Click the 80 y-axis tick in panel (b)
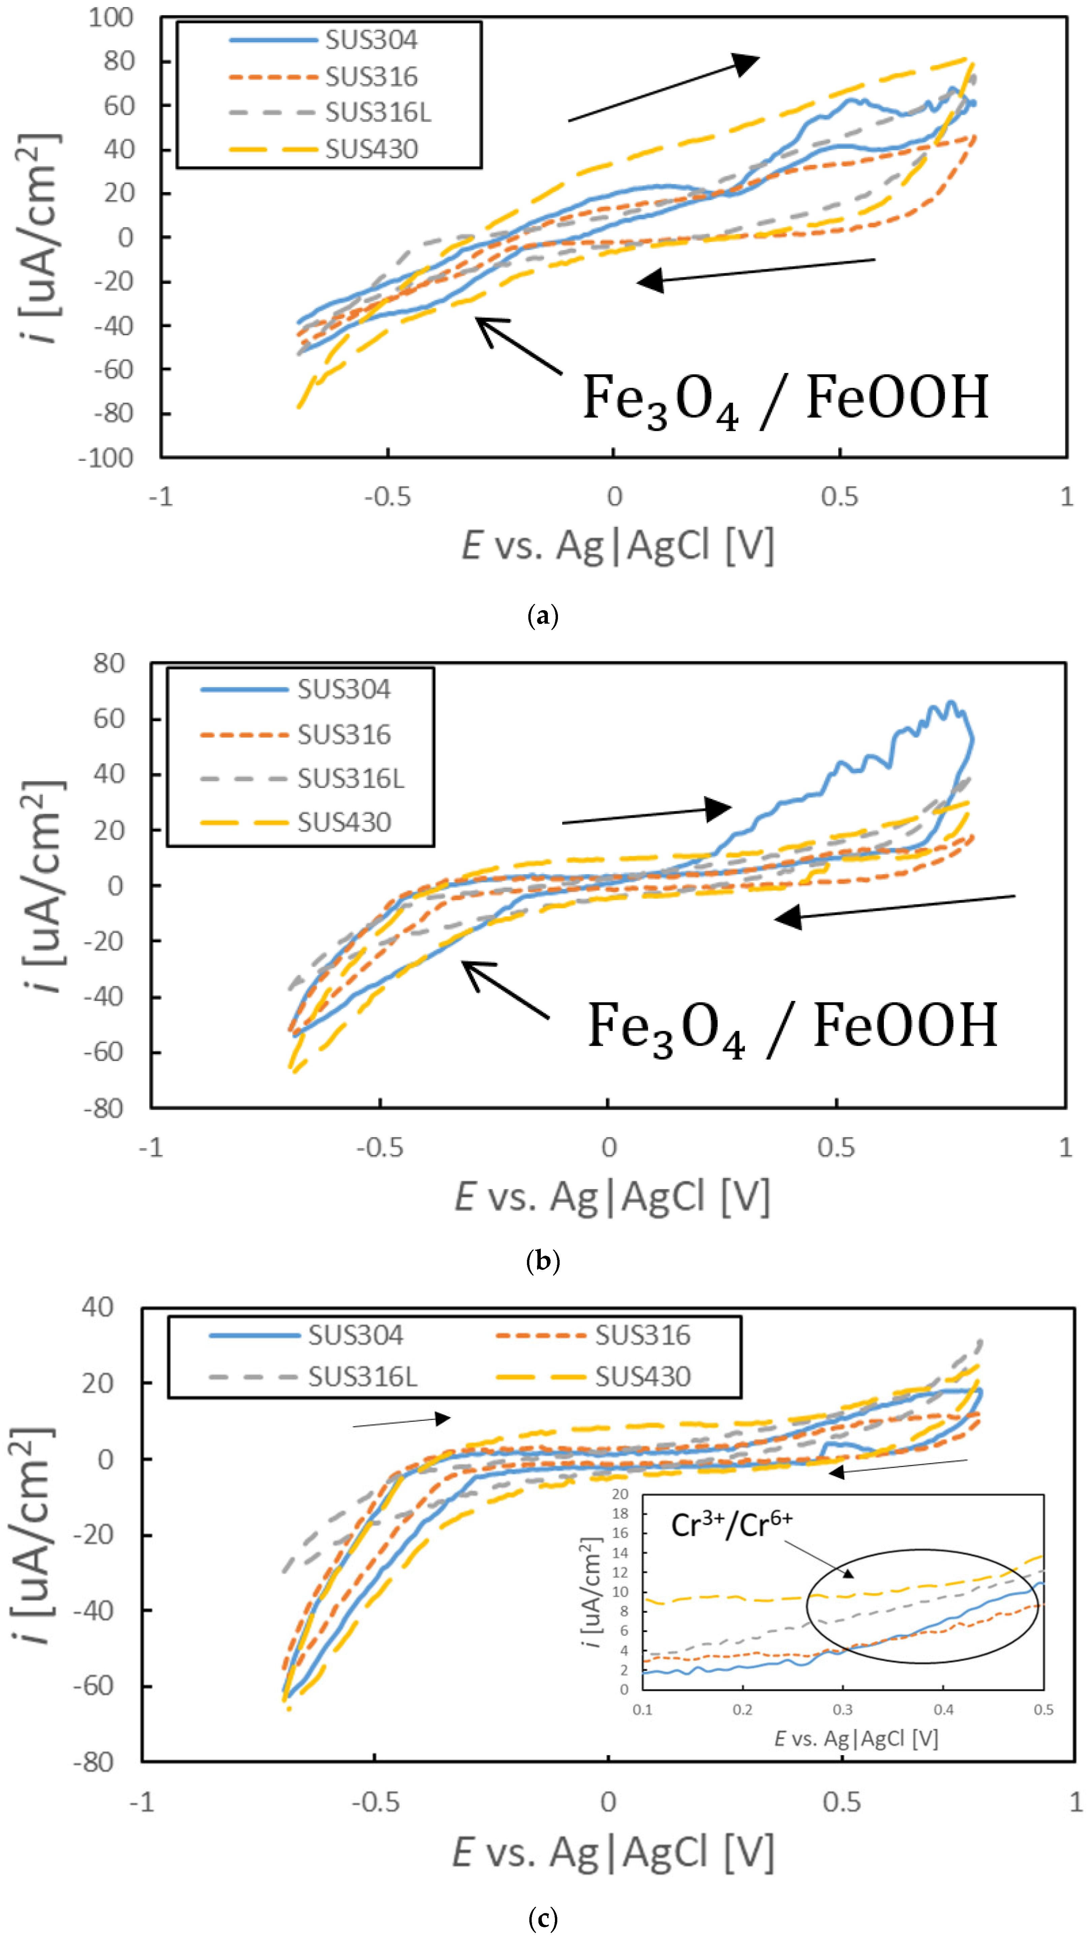[109, 663]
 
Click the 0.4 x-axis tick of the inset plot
[943, 1709]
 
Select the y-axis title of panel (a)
[39, 237]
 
